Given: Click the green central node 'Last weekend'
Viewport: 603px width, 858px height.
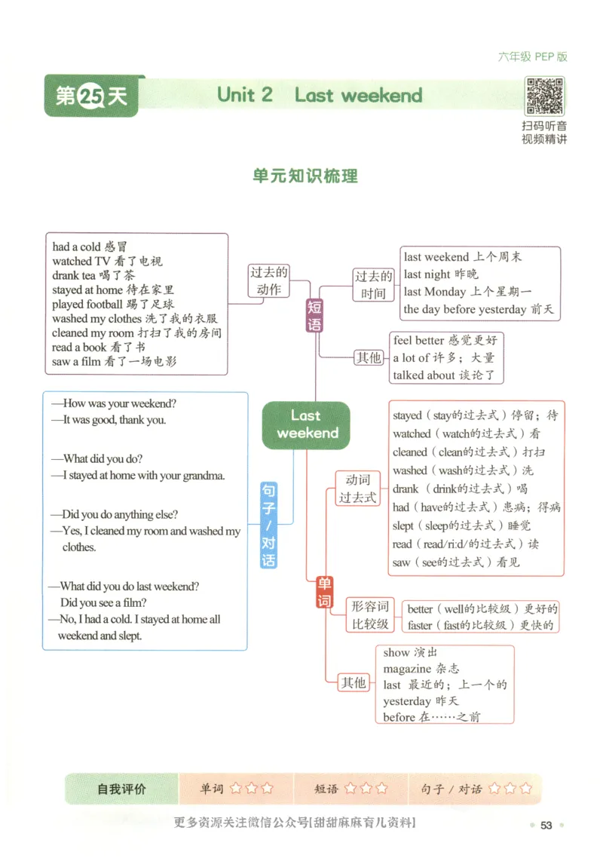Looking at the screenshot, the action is [307, 424].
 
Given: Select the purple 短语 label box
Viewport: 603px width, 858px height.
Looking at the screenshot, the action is [314, 316].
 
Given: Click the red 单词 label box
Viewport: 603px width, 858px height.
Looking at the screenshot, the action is [324, 592].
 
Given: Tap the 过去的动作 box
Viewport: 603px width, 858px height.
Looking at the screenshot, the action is [269, 281].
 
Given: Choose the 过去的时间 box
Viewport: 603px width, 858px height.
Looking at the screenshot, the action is [373, 285].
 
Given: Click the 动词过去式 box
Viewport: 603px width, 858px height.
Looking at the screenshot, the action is [357, 489].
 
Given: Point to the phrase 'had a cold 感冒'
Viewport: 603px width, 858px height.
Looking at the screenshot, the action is [90, 247].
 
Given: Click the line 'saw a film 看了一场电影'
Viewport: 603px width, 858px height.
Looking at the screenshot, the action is [114, 361].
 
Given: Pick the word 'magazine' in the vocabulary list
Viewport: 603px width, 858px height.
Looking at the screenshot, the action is [407, 669].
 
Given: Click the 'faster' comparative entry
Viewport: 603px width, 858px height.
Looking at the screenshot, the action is [420, 625].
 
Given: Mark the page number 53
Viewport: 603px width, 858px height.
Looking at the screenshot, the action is [546, 825].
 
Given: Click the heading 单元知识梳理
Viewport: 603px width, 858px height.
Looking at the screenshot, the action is [305, 176].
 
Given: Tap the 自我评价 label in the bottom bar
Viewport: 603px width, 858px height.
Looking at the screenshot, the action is [121, 789].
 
